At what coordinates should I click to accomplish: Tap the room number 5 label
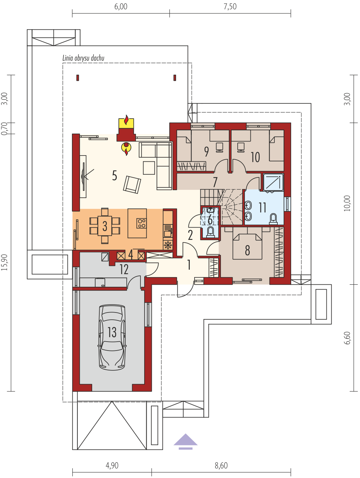(114, 175)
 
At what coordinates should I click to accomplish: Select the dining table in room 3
(105, 225)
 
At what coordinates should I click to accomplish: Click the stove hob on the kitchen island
(141, 223)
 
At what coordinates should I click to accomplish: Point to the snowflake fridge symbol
(168, 245)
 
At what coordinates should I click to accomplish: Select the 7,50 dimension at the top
(230, 7)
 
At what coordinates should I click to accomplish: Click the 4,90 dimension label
(112, 465)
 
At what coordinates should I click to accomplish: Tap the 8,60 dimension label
(221, 465)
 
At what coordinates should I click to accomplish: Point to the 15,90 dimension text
(4, 262)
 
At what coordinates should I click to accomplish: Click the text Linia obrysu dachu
(83, 58)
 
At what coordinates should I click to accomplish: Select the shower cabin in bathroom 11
(273, 182)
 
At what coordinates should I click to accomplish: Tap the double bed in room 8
(247, 246)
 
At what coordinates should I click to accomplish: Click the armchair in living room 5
(132, 184)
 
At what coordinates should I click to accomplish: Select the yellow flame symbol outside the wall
(126, 122)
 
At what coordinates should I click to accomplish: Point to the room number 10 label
(255, 157)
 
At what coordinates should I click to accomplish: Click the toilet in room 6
(210, 232)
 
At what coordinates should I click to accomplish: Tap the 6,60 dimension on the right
(347, 338)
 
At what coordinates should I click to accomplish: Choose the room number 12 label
(124, 269)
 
